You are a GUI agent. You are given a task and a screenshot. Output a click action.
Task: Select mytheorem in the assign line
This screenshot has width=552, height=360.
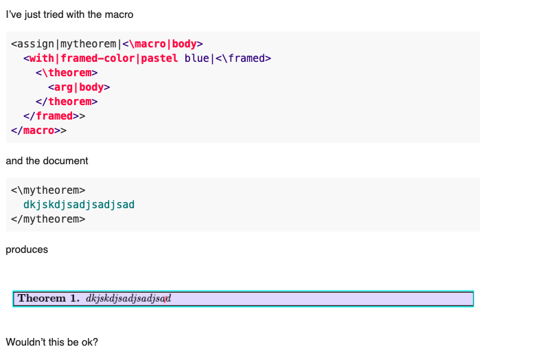88,44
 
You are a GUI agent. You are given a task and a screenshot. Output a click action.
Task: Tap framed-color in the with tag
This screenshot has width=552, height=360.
97,58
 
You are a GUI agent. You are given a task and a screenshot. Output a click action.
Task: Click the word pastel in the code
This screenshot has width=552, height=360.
159,58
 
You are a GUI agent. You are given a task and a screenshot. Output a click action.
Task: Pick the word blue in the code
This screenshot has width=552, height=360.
197,58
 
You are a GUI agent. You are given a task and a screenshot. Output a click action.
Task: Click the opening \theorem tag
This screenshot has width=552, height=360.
67,73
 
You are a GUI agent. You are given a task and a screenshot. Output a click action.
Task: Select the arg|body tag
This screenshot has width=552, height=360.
79,87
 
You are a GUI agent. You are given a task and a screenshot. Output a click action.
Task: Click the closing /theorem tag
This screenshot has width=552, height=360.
67,102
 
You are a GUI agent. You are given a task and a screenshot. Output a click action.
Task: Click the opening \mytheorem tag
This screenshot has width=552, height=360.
48,190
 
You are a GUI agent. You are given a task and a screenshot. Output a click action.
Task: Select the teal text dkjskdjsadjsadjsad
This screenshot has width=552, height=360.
79,205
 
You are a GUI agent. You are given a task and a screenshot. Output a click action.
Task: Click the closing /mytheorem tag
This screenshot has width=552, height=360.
48,219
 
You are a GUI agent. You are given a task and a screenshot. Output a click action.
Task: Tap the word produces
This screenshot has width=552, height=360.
27,250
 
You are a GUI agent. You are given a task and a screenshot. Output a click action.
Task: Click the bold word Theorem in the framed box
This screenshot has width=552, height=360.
42,298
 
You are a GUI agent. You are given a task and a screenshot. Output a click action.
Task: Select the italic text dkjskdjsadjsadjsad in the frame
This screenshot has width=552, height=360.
128,299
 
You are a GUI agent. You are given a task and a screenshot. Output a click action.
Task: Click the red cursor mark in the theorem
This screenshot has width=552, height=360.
165,299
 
